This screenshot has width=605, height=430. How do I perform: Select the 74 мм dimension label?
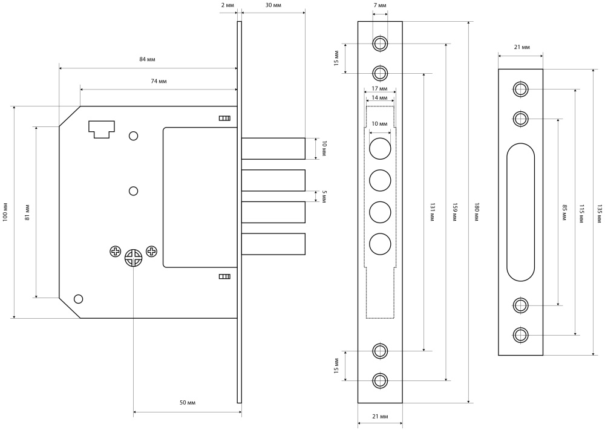(x=159, y=80)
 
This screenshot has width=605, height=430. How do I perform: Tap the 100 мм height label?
(x=5, y=211)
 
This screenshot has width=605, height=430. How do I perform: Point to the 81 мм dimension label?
(x=27, y=212)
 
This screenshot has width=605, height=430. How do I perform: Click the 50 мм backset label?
(x=188, y=402)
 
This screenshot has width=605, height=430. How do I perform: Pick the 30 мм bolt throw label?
(x=273, y=5)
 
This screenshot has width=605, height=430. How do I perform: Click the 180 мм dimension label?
(x=477, y=212)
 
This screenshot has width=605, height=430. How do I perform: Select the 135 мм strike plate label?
(x=600, y=212)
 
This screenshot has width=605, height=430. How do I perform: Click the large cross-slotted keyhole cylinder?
(x=134, y=258)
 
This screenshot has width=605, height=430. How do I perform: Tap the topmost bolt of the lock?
(x=273, y=148)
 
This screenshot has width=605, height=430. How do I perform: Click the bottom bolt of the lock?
(x=273, y=243)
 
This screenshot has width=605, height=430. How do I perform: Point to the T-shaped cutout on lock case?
(x=101, y=128)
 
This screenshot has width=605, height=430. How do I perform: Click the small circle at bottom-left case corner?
(x=77, y=299)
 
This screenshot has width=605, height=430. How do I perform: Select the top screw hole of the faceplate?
(x=380, y=44)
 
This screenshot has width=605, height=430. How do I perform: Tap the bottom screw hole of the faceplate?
(x=380, y=380)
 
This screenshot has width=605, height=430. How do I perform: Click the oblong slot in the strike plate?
(x=520, y=212)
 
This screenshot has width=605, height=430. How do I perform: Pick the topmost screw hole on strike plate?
(x=520, y=90)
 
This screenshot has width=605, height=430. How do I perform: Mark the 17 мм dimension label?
(x=380, y=89)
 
